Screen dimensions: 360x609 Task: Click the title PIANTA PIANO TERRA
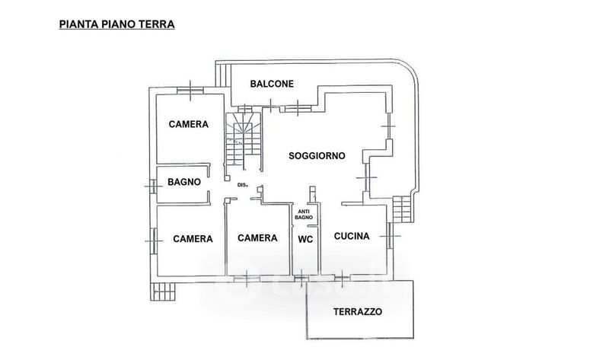pos(117,24)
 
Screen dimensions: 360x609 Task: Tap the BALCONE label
pos(264,84)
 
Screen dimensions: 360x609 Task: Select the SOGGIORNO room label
pos(317,155)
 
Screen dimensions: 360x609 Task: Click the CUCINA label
pos(352,237)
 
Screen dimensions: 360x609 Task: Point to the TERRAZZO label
pos(358,312)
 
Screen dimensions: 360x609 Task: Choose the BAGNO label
pos(184,182)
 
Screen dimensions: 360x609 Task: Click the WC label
pos(304,238)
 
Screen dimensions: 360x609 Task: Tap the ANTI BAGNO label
pos(304,214)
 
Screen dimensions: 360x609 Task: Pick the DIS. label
pos(244,185)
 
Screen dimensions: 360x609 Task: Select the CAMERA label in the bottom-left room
pos(192,239)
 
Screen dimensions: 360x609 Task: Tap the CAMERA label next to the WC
pos(257,238)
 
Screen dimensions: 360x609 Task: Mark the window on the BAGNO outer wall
pos(149,183)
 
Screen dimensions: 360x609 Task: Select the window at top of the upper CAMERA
pos(187,91)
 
